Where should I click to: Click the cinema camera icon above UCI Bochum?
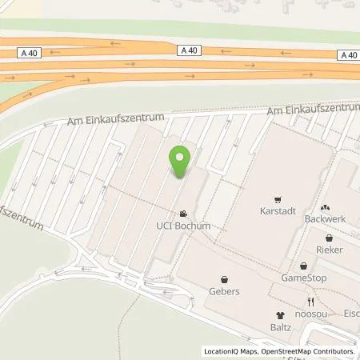click(x=184, y=214)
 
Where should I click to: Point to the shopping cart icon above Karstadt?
click(x=277, y=199)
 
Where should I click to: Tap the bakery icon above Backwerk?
click(x=326, y=206)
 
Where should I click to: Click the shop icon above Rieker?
click(x=328, y=238)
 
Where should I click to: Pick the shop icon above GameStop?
click(x=303, y=266)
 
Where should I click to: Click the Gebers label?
click(x=224, y=291)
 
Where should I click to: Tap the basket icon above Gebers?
click(x=224, y=279)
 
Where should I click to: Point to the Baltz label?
click(x=280, y=327)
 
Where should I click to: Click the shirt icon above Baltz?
click(x=280, y=315)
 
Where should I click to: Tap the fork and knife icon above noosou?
click(x=310, y=302)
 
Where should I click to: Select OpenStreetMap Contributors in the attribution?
click(x=304, y=351)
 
